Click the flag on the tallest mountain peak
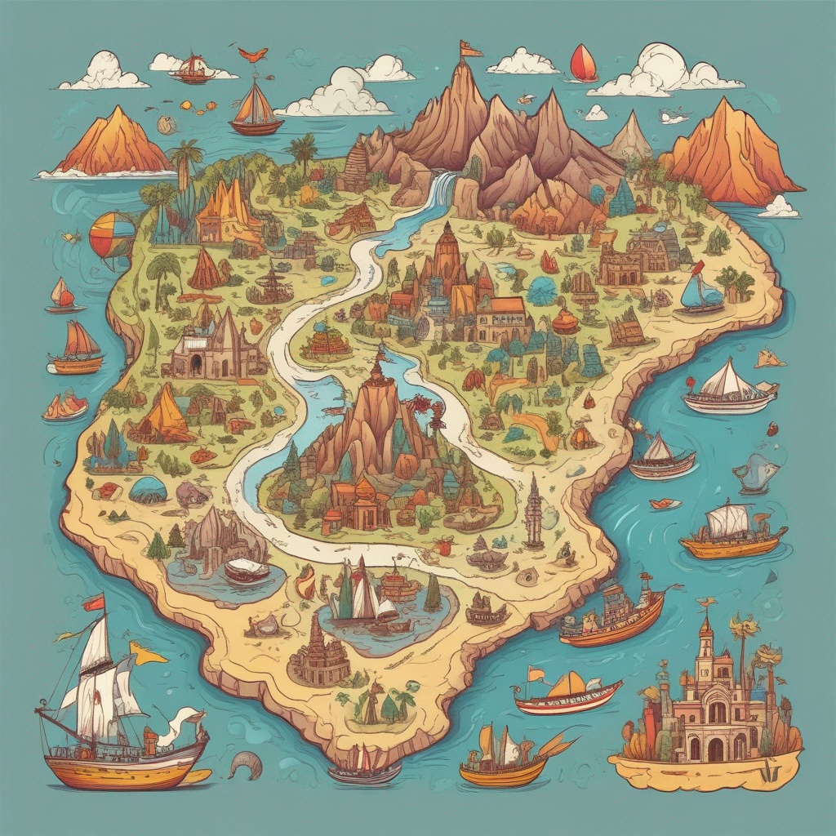click(469, 49)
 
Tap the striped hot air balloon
click(112, 234)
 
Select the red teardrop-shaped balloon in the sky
click(583, 63)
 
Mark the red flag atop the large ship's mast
click(93, 602)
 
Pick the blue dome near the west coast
click(148, 490)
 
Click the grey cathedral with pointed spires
click(216, 347)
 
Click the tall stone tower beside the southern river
click(534, 510)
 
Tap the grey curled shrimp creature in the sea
click(244, 764)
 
